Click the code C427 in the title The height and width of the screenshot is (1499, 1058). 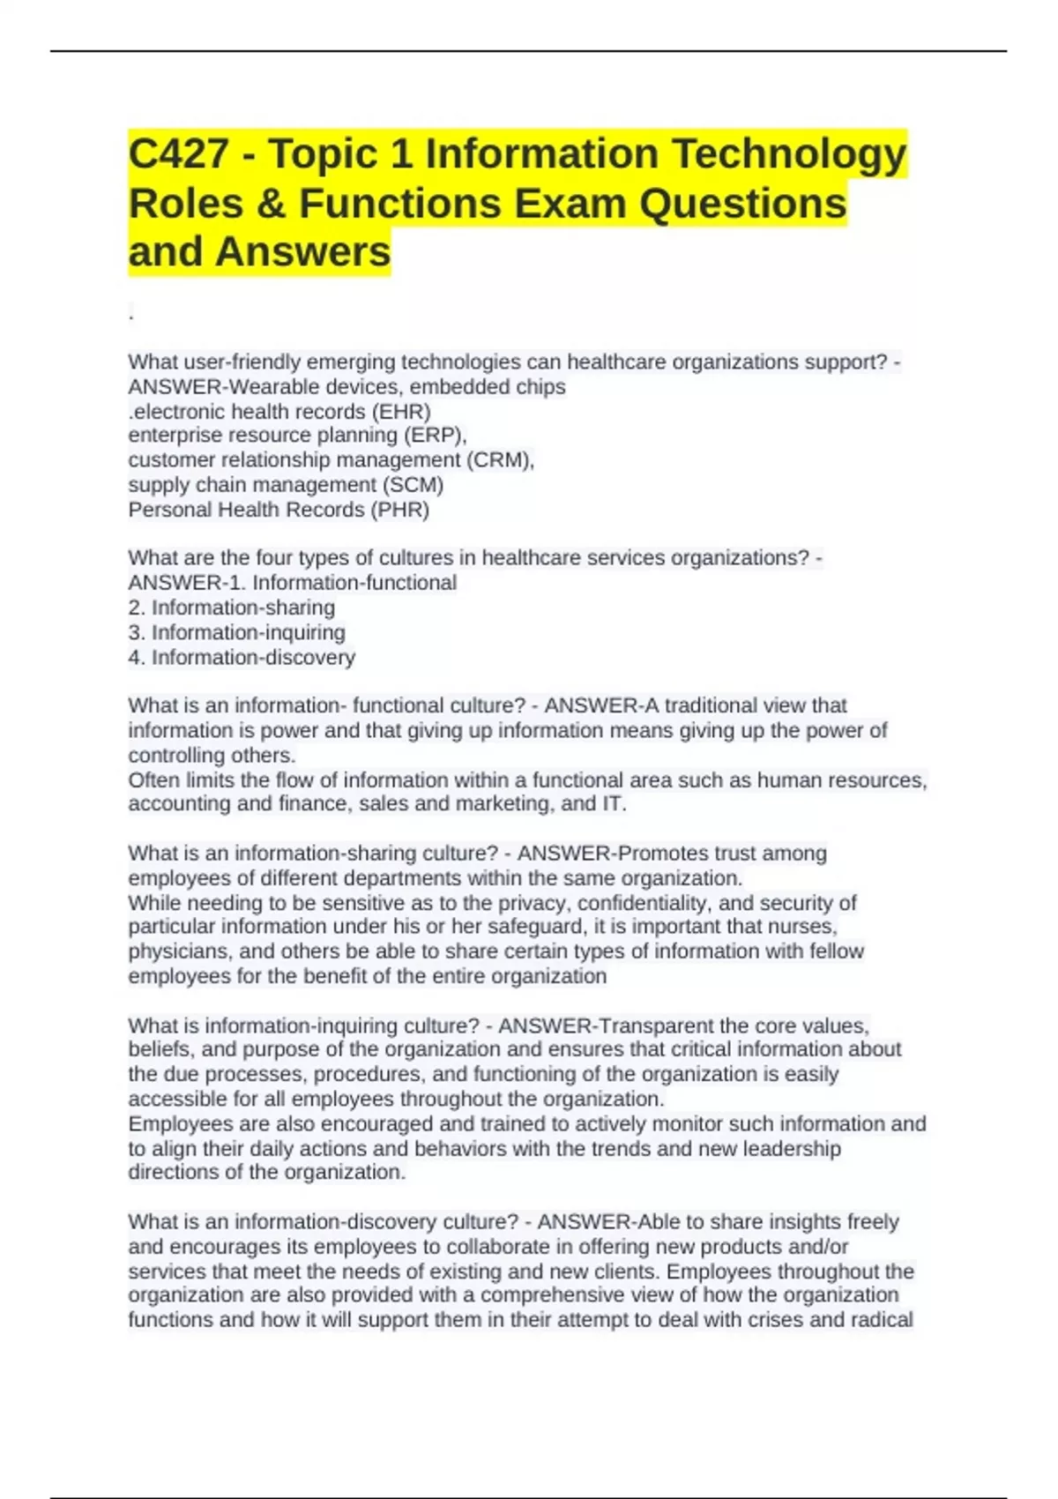pos(179,154)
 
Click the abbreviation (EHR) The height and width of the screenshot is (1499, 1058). pos(401,412)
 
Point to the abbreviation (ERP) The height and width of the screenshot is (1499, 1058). pos(436,436)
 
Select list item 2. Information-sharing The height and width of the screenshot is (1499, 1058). pos(232,608)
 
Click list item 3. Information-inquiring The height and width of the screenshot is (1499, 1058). pos(237,632)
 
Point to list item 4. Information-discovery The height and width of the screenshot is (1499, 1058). pos(242,657)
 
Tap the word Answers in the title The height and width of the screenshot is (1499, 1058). pos(302,252)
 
